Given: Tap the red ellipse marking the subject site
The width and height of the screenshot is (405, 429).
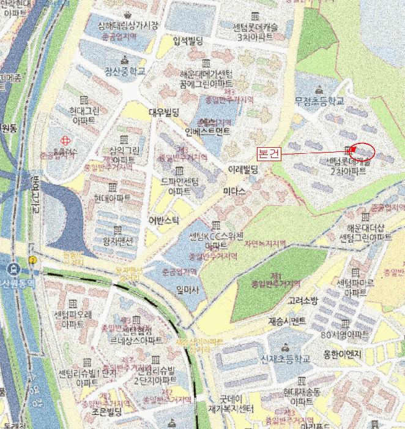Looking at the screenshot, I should point(364,151).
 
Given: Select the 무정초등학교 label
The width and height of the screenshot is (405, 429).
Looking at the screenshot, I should point(320,100).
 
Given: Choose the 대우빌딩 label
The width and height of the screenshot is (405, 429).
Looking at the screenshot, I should point(163,112).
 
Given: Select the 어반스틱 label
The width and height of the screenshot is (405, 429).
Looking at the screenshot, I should point(164,219).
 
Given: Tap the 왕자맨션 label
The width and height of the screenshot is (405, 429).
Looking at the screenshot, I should point(117,240).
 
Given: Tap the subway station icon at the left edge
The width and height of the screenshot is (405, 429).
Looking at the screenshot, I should point(12,268).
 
